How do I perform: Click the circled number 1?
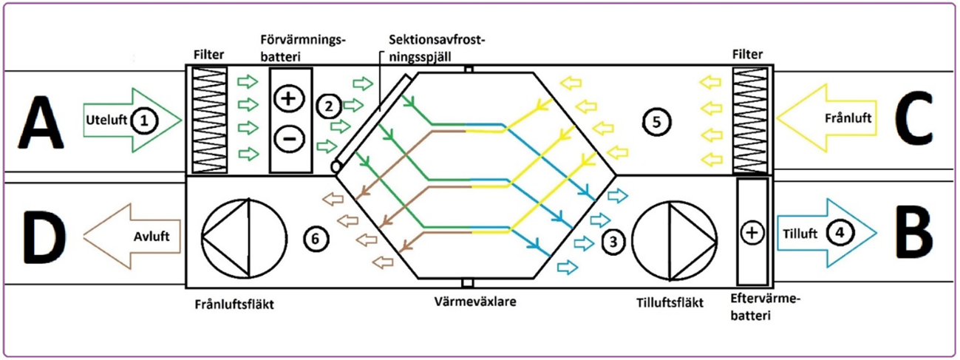pyautogui.click(x=146, y=119)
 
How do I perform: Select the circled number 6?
pyautogui.click(x=315, y=239)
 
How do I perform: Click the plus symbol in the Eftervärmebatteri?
pyautogui.click(x=752, y=233)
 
